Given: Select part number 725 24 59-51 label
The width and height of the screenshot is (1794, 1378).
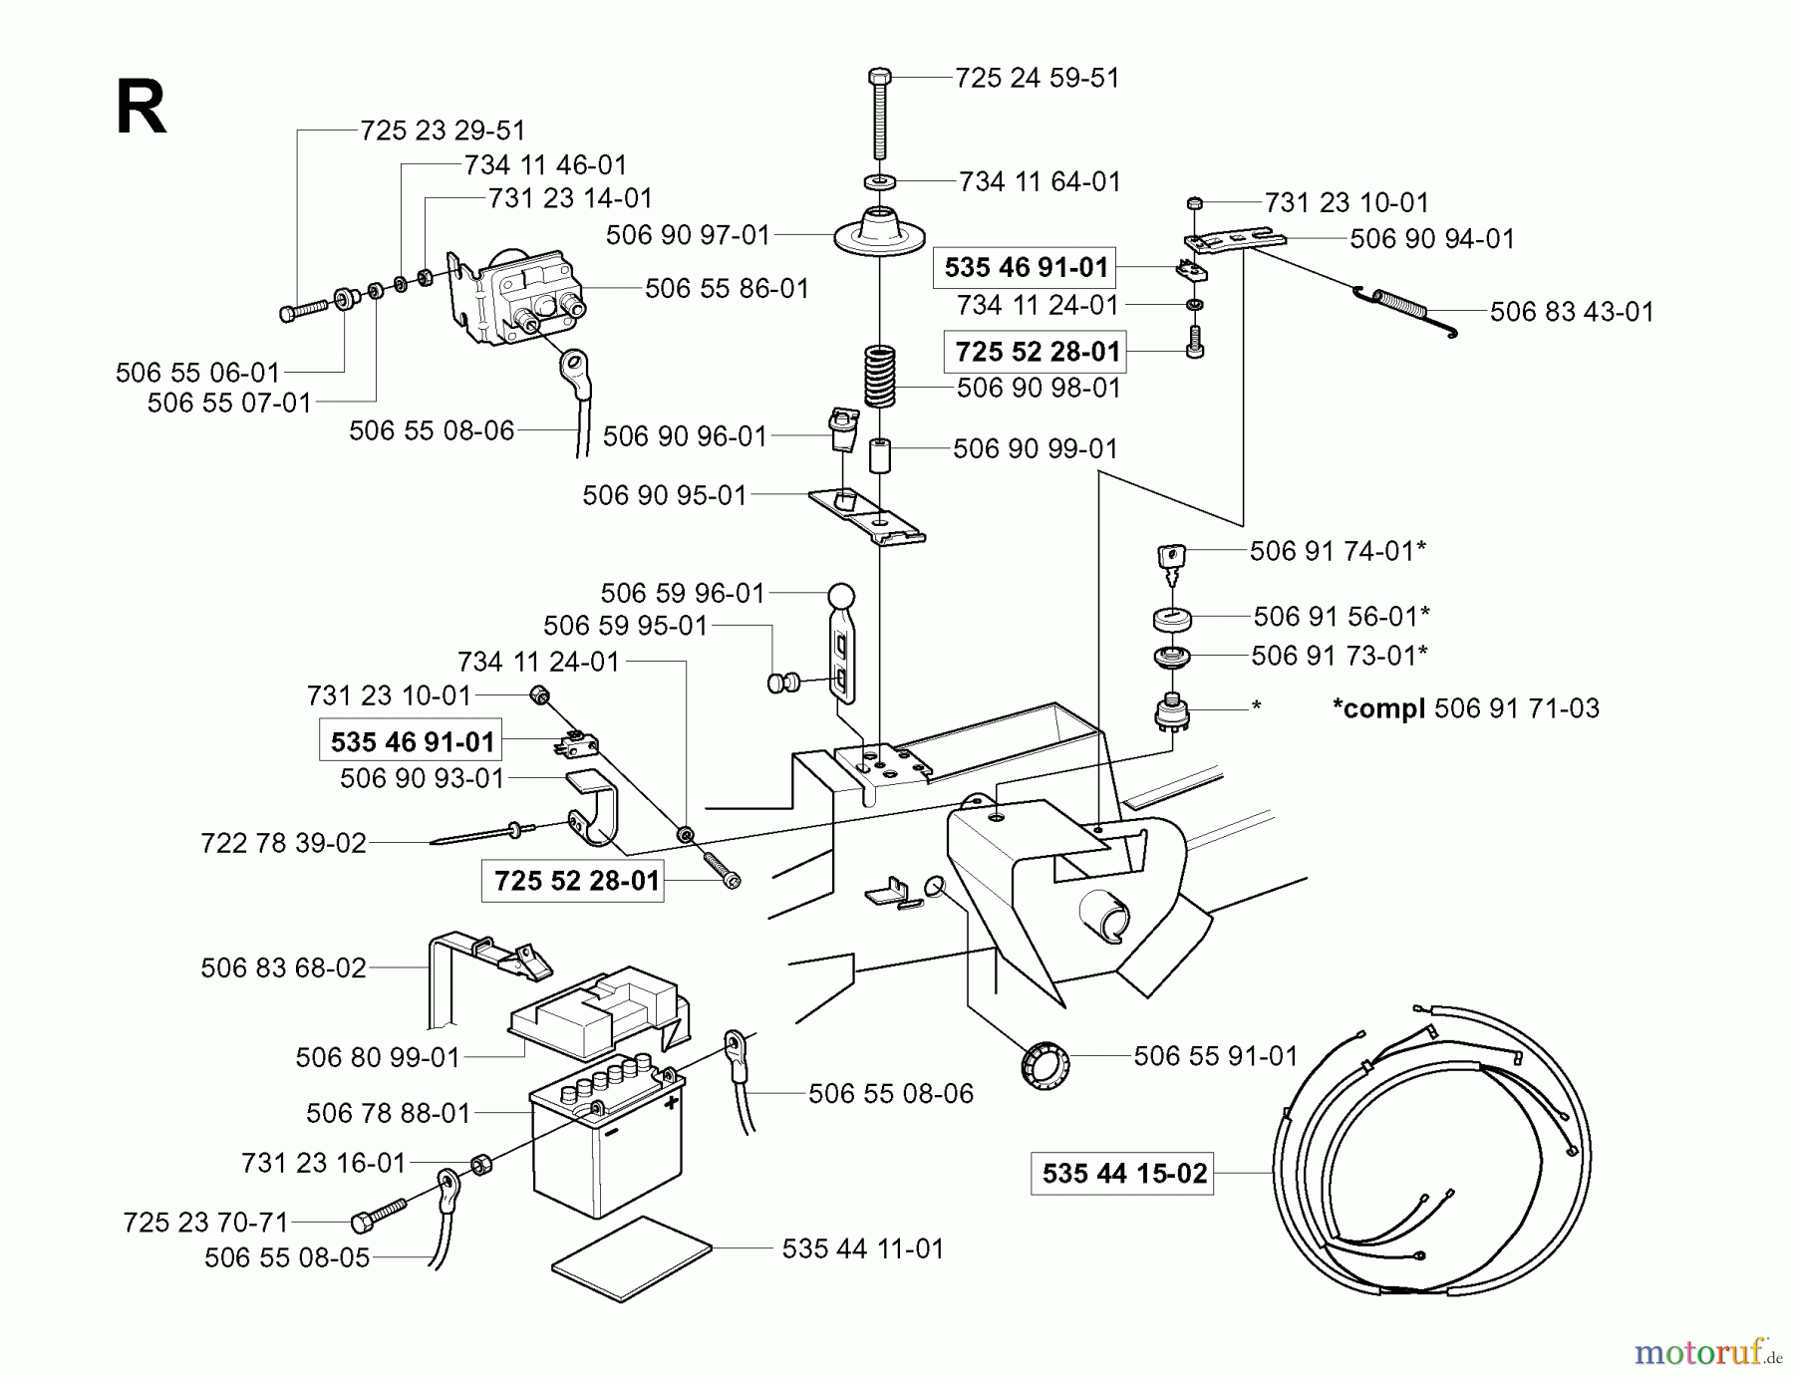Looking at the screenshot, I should pyautogui.click(x=1037, y=78).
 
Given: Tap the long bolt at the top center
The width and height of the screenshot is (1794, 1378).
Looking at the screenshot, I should pyautogui.click(x=879, y=115).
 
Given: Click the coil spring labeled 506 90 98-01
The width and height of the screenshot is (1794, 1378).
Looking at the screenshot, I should pyautogui.click(x=879, y=377).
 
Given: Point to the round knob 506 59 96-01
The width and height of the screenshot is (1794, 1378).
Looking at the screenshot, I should pyautogui.click(x=842, y=597).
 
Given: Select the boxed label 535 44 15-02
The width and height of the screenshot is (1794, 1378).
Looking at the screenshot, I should pyautogui.click(x=1123, y=1173).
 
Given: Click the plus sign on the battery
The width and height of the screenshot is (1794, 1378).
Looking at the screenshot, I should pyautogui.click(x=671, y=1102).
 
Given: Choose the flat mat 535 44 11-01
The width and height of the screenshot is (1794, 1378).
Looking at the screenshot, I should pyautogui.click(x=632, y=1257).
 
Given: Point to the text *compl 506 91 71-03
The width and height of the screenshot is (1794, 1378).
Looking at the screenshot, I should pyautogui.click(x=1465, y=708).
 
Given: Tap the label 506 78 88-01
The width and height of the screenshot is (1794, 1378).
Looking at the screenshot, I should pyautogui.click(x=388, y=1113).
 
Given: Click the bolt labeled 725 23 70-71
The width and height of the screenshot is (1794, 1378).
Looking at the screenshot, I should pyautogui.click(x=379, y=1217).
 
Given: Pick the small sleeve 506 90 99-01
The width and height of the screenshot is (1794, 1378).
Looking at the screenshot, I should pyautogui.click(x=878, y=456).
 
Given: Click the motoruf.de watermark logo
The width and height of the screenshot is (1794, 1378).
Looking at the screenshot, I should pyautogui.click(x=1706, y=1352).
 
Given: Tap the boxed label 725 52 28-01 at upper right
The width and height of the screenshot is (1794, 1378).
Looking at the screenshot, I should pyautogui.click(x=1037, y=352).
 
